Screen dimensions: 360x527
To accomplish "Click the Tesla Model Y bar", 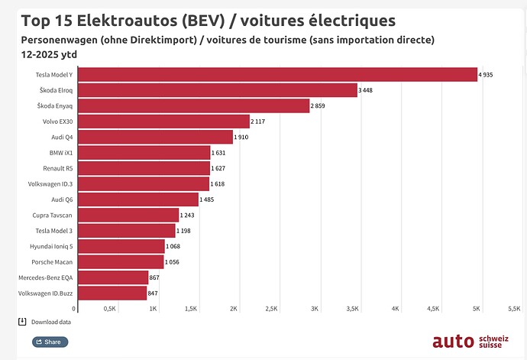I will coord(277,74).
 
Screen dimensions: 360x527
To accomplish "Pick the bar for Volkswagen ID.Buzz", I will coord(112,293).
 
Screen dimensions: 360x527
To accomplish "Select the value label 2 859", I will coord(319,106).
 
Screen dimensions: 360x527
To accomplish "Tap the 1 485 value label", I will coord(209,199).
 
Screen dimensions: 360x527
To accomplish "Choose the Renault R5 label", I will coord(57,168).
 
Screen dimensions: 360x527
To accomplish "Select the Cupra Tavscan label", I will coord(53,216).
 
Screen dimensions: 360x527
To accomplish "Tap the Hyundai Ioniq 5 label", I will coord(53,246).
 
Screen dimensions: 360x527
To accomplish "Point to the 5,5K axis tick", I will coord(514,309).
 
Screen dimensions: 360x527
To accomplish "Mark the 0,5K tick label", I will coord(109,309).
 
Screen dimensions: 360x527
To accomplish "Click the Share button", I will coord(50,342).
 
